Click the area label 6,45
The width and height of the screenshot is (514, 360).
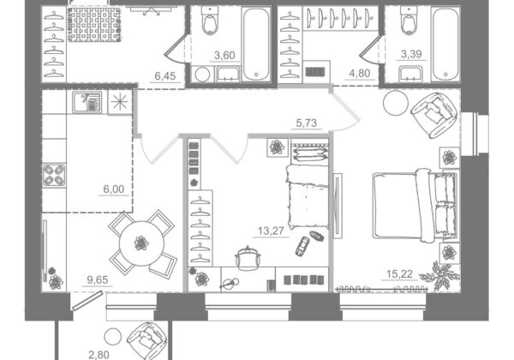[x=165, y=76]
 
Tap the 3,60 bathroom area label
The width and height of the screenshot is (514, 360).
[x=224, y=56]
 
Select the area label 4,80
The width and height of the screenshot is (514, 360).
[x=360, y=73]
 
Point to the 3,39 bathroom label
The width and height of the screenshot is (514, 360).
[x=411, y=54]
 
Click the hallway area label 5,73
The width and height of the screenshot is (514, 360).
[x=307, y=123]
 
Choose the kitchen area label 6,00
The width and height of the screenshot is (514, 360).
[x=114, y=189]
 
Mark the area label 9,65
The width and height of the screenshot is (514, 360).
[x=98, y=280]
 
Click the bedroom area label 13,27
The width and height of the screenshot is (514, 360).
[x=271, y=231]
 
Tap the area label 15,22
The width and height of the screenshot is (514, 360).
[x=399, y=273]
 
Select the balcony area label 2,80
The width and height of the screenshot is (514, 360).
[x=99, y=355]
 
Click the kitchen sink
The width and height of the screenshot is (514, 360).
[x=87, y=102]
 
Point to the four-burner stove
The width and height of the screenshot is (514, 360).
[x=54, y=176]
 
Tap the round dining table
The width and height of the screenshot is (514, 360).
[x=141, y=243]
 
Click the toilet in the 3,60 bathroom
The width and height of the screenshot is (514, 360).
[x=210, y=21]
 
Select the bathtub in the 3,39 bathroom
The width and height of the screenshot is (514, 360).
[x=445, y=45]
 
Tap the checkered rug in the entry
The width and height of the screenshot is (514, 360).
[x=94, y=25]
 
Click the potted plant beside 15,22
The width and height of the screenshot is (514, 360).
[x=439, y=276]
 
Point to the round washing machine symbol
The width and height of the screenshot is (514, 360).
[x=202, y=75]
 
